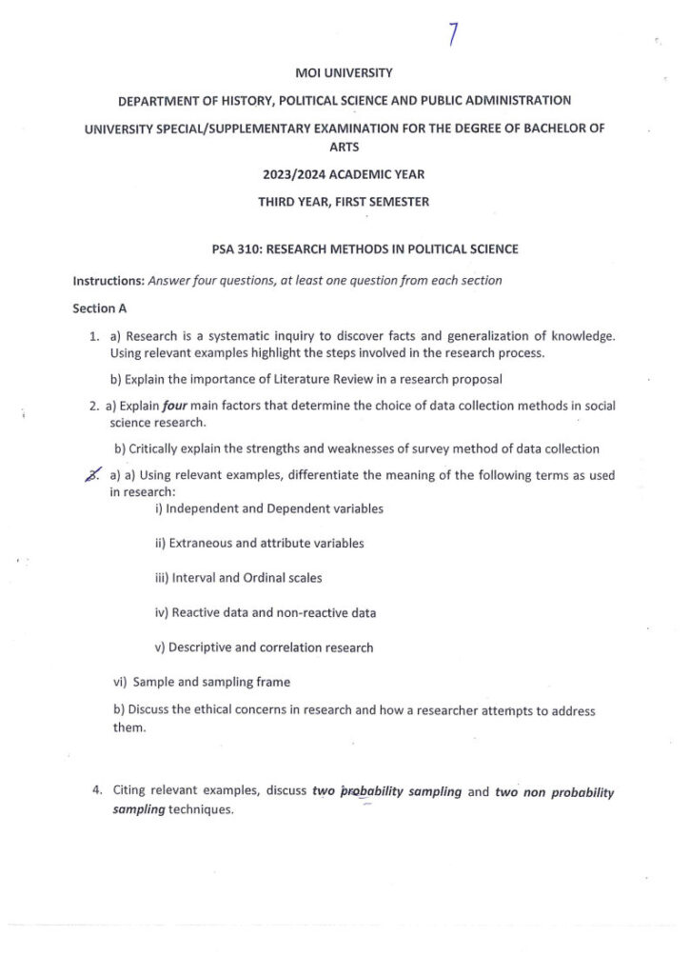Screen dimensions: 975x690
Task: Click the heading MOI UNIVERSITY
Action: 344,72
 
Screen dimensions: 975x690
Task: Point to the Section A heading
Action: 100,308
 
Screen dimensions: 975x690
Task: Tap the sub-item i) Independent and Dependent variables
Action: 269,508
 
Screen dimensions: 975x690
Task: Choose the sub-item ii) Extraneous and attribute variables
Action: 259,543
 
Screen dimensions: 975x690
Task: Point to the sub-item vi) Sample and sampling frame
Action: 202,682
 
